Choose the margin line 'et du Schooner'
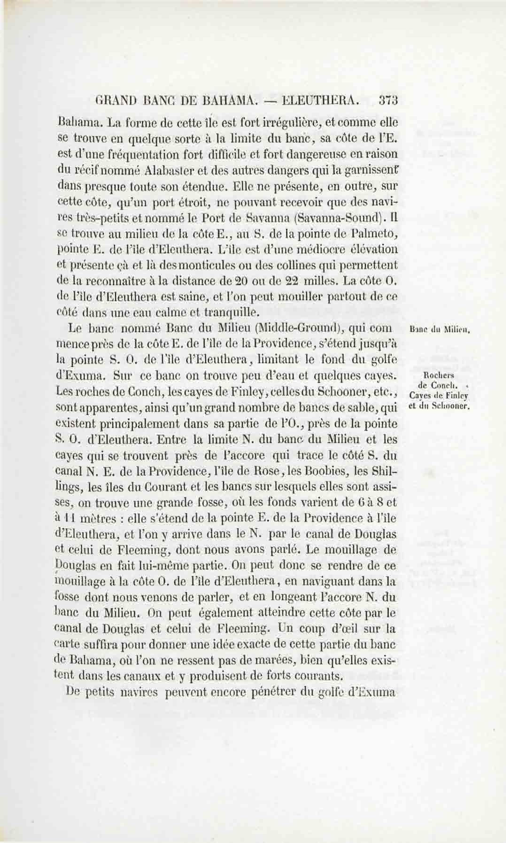439,406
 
